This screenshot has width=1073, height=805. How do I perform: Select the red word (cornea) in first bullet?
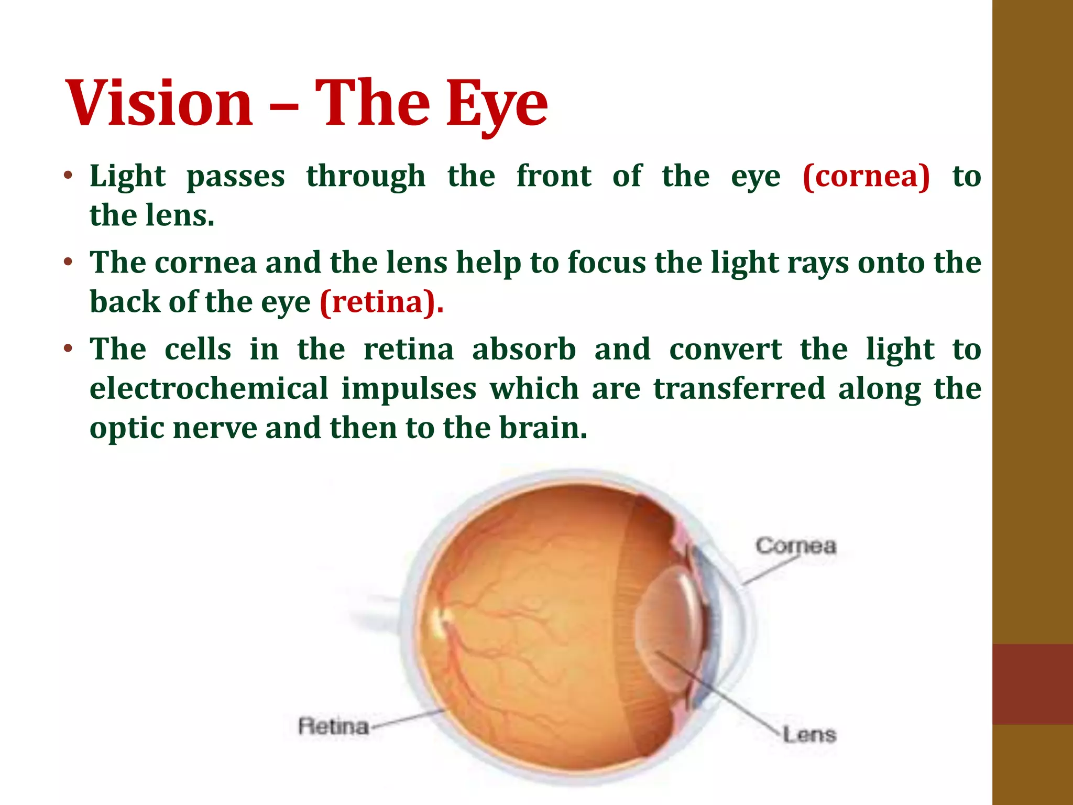(x=866, y=176)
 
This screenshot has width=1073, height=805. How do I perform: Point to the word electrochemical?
(x=209, y=388)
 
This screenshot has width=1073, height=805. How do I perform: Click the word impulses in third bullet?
(x=409, y=389)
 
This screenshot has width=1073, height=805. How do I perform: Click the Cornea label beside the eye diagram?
(x=795, y=546)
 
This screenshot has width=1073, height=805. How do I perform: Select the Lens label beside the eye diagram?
(x=808, y=734)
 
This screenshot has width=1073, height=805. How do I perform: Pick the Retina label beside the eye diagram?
(x=333, y=726)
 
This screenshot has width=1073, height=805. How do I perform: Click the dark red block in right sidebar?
(x=1032, y=684)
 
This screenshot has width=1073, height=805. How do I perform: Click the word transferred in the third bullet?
(x=739, y=388)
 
